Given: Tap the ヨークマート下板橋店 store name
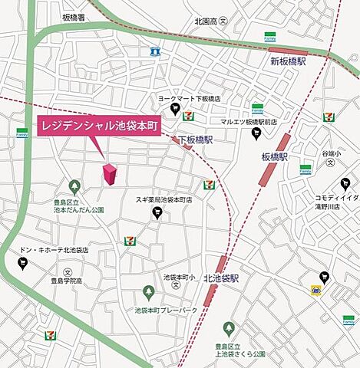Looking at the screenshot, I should tap(190, 99).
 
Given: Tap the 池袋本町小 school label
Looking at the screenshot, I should tap(180, 277).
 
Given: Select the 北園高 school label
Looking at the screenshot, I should tap(206, 21).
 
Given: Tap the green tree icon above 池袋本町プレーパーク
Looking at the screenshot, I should tap(149, 292).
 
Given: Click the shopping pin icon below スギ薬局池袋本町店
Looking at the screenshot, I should tap(157, 214).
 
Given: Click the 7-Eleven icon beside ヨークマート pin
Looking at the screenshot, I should tap(188, 115).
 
